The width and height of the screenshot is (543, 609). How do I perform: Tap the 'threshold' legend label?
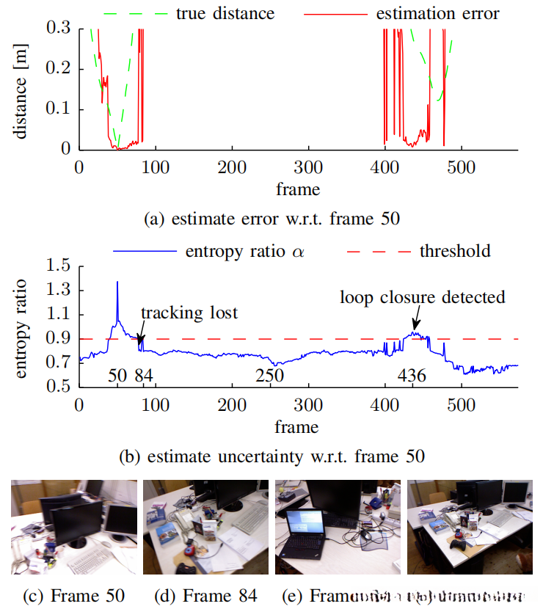455,252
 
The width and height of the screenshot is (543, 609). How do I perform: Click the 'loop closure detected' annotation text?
422,297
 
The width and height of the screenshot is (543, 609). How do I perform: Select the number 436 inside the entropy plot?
412,375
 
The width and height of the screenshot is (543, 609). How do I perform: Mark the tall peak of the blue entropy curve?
117,282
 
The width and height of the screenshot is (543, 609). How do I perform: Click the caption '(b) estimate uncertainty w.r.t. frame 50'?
272,456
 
